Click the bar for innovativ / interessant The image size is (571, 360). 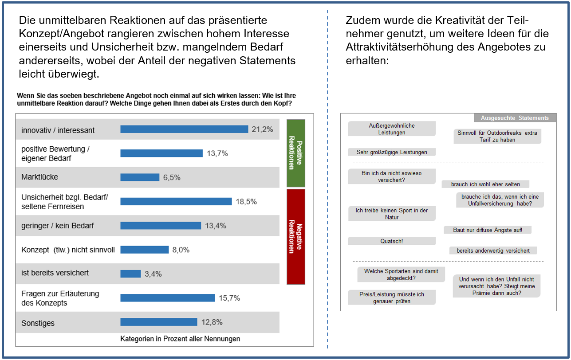coord(184,129)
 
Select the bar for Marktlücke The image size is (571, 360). coord(140,177)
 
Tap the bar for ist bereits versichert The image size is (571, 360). coord(130,274)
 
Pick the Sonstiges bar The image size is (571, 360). coord(159,322)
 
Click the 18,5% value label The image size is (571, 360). coord(246,202)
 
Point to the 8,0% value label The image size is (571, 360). coord(181,250)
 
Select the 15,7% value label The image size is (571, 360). coord(229,298)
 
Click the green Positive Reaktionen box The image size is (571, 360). coord(296,153)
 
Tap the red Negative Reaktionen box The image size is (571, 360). coord(296,236)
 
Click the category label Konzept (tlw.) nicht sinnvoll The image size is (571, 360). coord(68,250)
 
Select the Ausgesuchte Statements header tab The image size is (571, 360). coord(515,118)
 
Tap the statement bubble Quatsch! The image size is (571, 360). coord(391,241)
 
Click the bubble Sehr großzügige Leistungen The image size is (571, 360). coord(391,152)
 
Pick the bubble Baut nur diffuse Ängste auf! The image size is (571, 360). coord(487,230)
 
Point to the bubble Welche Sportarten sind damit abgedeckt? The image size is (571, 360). coord(401,274)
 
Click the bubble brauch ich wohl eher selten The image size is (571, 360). coord(485,184)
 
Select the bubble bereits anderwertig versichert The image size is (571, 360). coord(493,250)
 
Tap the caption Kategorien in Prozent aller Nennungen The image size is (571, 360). coord(180,339)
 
